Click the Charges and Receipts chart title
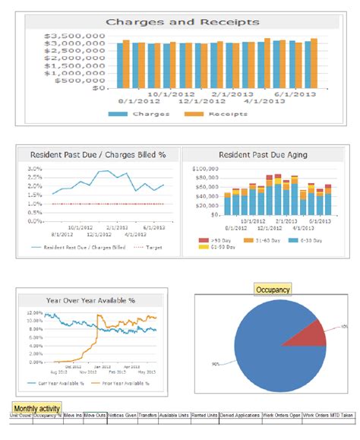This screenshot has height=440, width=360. tap(182, 22)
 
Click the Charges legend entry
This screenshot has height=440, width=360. tap(144, 114)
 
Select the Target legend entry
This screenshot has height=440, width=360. tap(151, 248)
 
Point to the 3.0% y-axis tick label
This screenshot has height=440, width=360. tap(35, 168)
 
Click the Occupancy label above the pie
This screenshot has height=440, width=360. tap(273, 290)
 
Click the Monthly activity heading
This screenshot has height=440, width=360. tap(36, 408)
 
